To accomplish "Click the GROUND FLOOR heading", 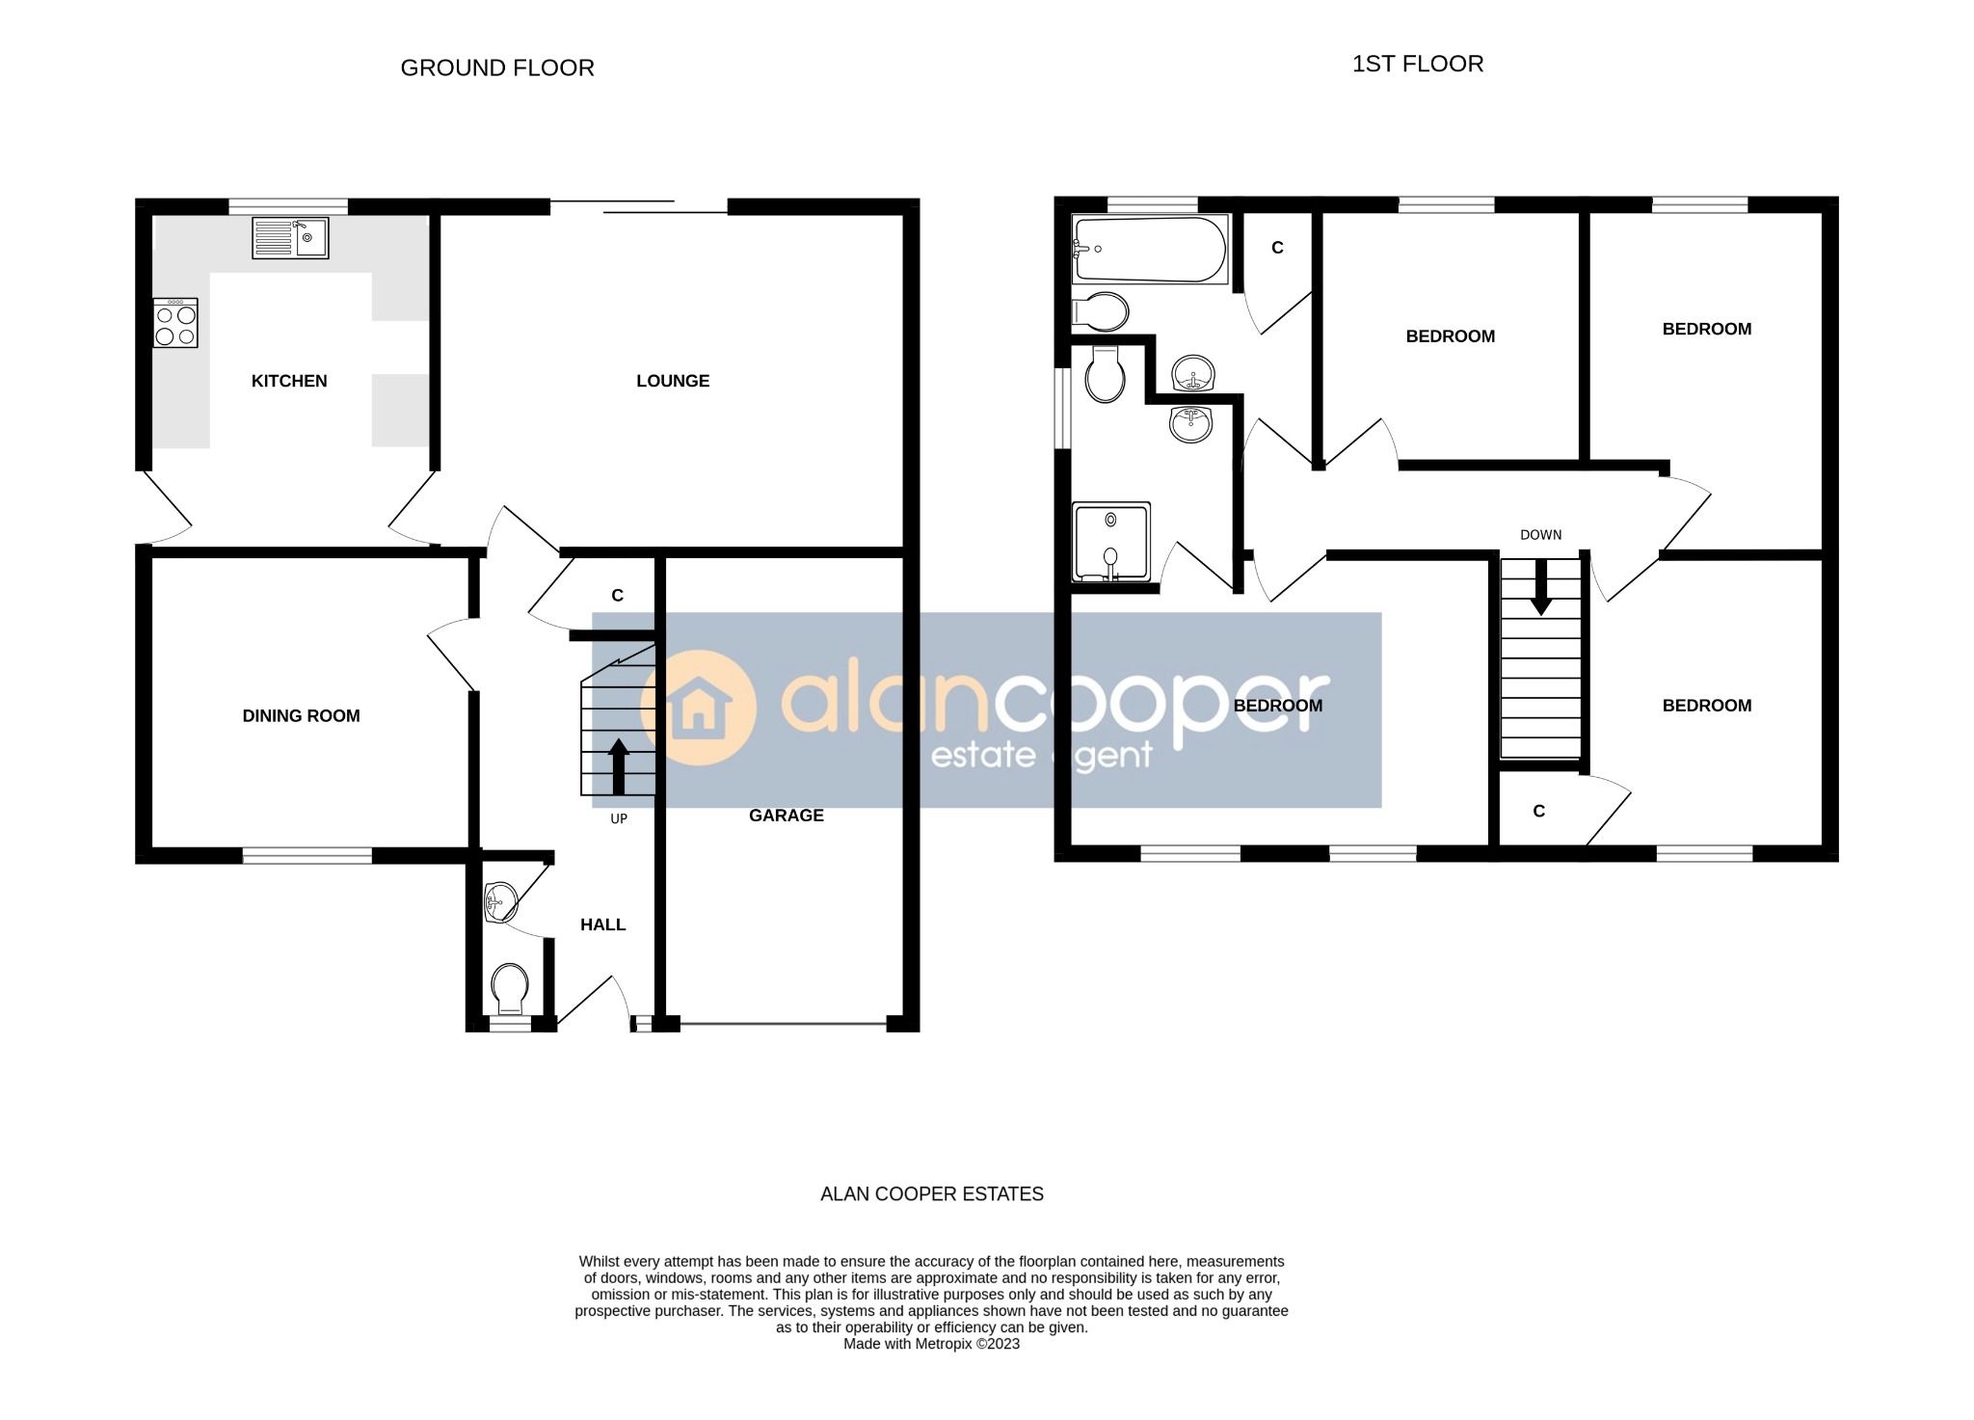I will pyautogui.click(x=496, y=68).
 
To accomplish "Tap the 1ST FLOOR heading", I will pyautogui.click(x=1417, y=65).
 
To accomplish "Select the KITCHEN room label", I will pyautogui.click(x=289, y=381).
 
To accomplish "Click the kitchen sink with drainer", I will pyautogui.click(x=290, y=237).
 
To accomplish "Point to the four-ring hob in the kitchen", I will pyautogui.click(x=175, y=323).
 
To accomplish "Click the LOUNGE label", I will pyautogui.click(x=673, y=381).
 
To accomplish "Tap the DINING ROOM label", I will pyautogui.click(x=301, y=715).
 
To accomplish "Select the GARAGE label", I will pyautogui.click(x=787, y=816).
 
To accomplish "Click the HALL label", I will pyautogui.click(x=603, y=924).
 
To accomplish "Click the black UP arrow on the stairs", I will pyautogui.click(x=619, y=766).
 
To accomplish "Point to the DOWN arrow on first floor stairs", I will pyautogui.click(x=1541, y=586).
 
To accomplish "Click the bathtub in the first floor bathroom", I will pyautogui.click(x=1149, y=250).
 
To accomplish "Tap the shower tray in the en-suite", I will pyautogui.click(x=1111, y=542).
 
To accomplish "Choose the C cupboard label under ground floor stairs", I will pyautogui.click(x=618, y=596).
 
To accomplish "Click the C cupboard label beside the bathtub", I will pyautogui.click(x=1277, y=248).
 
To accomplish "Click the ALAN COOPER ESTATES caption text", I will pyautogui.click(x=931, y=1194).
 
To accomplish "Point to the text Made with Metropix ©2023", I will pyautogui.click(x=931, y=1344).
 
